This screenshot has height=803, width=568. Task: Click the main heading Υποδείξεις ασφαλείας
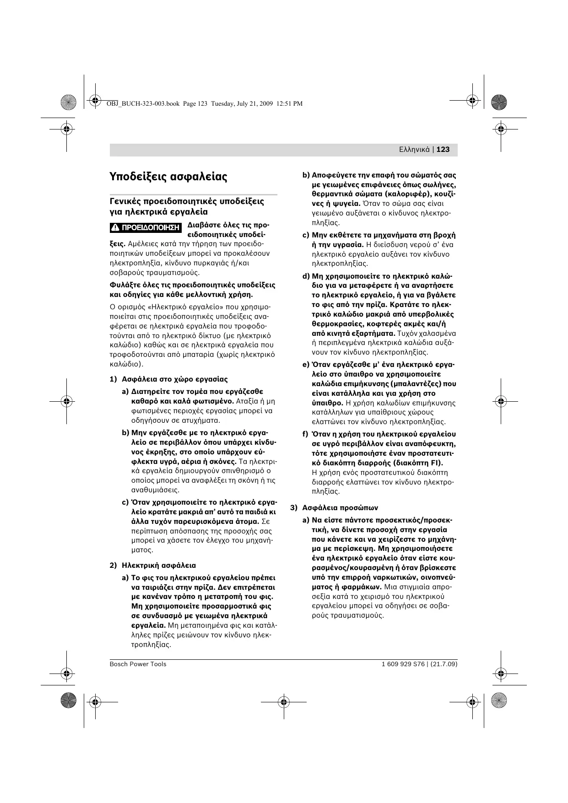[x=168, y=177]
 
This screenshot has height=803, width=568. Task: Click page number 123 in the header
[x=443, y=150]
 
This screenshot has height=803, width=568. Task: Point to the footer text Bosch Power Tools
[x=138, y=664]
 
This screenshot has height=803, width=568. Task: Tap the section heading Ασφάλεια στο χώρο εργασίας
[x=174, y=379]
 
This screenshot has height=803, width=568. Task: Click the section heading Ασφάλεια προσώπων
[x=340, y=508]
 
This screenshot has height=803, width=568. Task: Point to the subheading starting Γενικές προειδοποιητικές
[x=187, y=202]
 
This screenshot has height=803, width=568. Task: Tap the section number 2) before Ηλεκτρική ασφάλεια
[x=114, y=566]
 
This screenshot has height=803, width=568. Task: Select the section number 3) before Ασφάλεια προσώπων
[x=294, y=508]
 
